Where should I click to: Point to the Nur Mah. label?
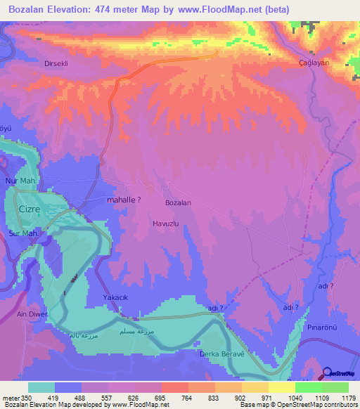20,181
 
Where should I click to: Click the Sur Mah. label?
22,233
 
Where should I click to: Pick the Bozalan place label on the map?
177,202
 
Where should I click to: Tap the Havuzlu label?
167,223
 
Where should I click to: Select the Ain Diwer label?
32,314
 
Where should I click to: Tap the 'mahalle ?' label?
123,200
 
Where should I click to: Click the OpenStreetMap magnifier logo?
328,374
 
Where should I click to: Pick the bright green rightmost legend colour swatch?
335,387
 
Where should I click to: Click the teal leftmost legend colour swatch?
41,387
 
